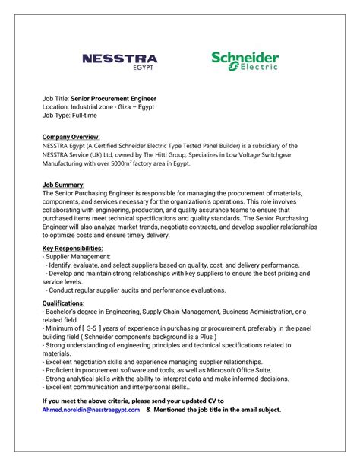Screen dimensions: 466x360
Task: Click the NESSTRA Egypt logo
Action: [x=119, y=61]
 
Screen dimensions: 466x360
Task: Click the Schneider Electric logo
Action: [x=245, y=61]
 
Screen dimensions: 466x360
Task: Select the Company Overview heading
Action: [x=71, y=135]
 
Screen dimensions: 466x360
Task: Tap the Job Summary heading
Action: [x=63, y=185]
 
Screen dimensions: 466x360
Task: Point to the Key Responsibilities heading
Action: [x=72, y=248]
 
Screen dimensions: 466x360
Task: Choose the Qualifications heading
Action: [x=63, y=303]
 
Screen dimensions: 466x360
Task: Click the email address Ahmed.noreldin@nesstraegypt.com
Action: [x=91, y=410]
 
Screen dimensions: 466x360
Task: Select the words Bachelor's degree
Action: [x=77, y=311]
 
